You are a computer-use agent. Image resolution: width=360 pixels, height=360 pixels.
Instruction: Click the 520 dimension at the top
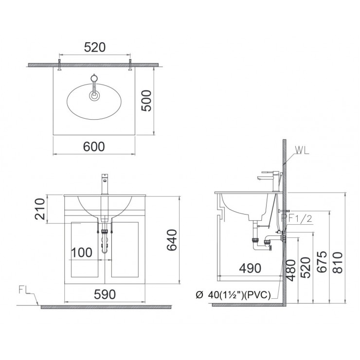[95, 47]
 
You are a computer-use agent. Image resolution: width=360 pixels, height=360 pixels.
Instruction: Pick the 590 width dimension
[104, 294]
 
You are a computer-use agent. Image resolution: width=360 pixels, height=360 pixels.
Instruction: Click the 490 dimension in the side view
[250, 268]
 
